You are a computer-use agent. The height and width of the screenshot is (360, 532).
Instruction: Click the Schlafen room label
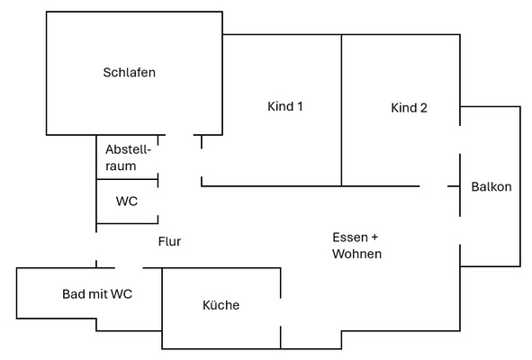tap(129, 72)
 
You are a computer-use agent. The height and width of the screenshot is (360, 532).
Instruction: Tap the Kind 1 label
tap(284, 106)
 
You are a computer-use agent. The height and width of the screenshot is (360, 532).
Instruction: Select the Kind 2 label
tap(409, 108)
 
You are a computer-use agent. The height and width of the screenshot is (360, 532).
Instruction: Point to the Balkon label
tap(491, 187)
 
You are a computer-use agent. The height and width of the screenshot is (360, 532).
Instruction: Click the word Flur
tap(169, 241)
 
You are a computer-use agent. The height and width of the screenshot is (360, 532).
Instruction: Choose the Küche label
tap(221, 305)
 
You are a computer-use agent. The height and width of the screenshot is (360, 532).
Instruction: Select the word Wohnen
tap(356, 255)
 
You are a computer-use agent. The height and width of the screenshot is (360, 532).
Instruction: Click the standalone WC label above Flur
tap(127, 202)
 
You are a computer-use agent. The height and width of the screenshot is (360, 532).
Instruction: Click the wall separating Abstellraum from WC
tap(127, 180)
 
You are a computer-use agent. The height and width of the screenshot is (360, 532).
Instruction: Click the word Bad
tap(74, 293)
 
